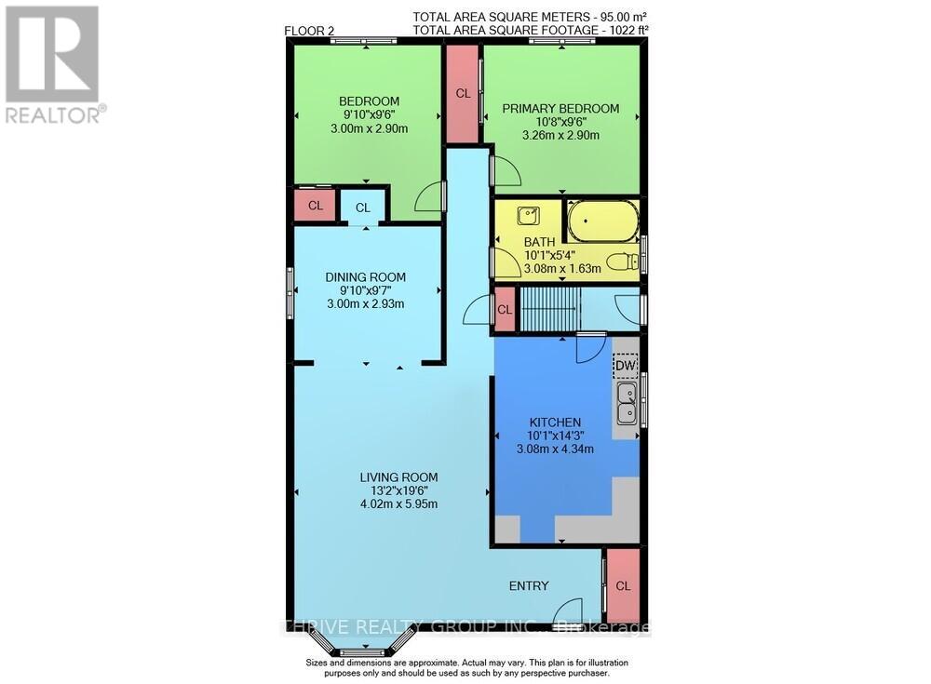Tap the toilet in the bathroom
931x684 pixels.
pos(623,262)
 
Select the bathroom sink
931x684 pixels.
pos(528,215)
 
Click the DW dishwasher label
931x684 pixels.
pos(625,366)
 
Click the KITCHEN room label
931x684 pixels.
pos(555,422)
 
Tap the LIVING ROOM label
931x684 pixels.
pos(398,477)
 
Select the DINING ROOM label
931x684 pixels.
pos(366,276)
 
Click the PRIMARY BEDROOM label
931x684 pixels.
pos(560,109)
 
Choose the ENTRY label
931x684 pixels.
pos(528,585)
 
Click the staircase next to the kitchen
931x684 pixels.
pos(549,308)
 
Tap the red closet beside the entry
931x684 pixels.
pos(623,585)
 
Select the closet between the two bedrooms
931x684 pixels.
pos(463,93)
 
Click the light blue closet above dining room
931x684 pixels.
pos(362,208)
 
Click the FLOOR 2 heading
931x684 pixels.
pos(309,31)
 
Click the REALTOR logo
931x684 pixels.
pos(53,65)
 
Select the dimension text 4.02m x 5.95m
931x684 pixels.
pos(398,504)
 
